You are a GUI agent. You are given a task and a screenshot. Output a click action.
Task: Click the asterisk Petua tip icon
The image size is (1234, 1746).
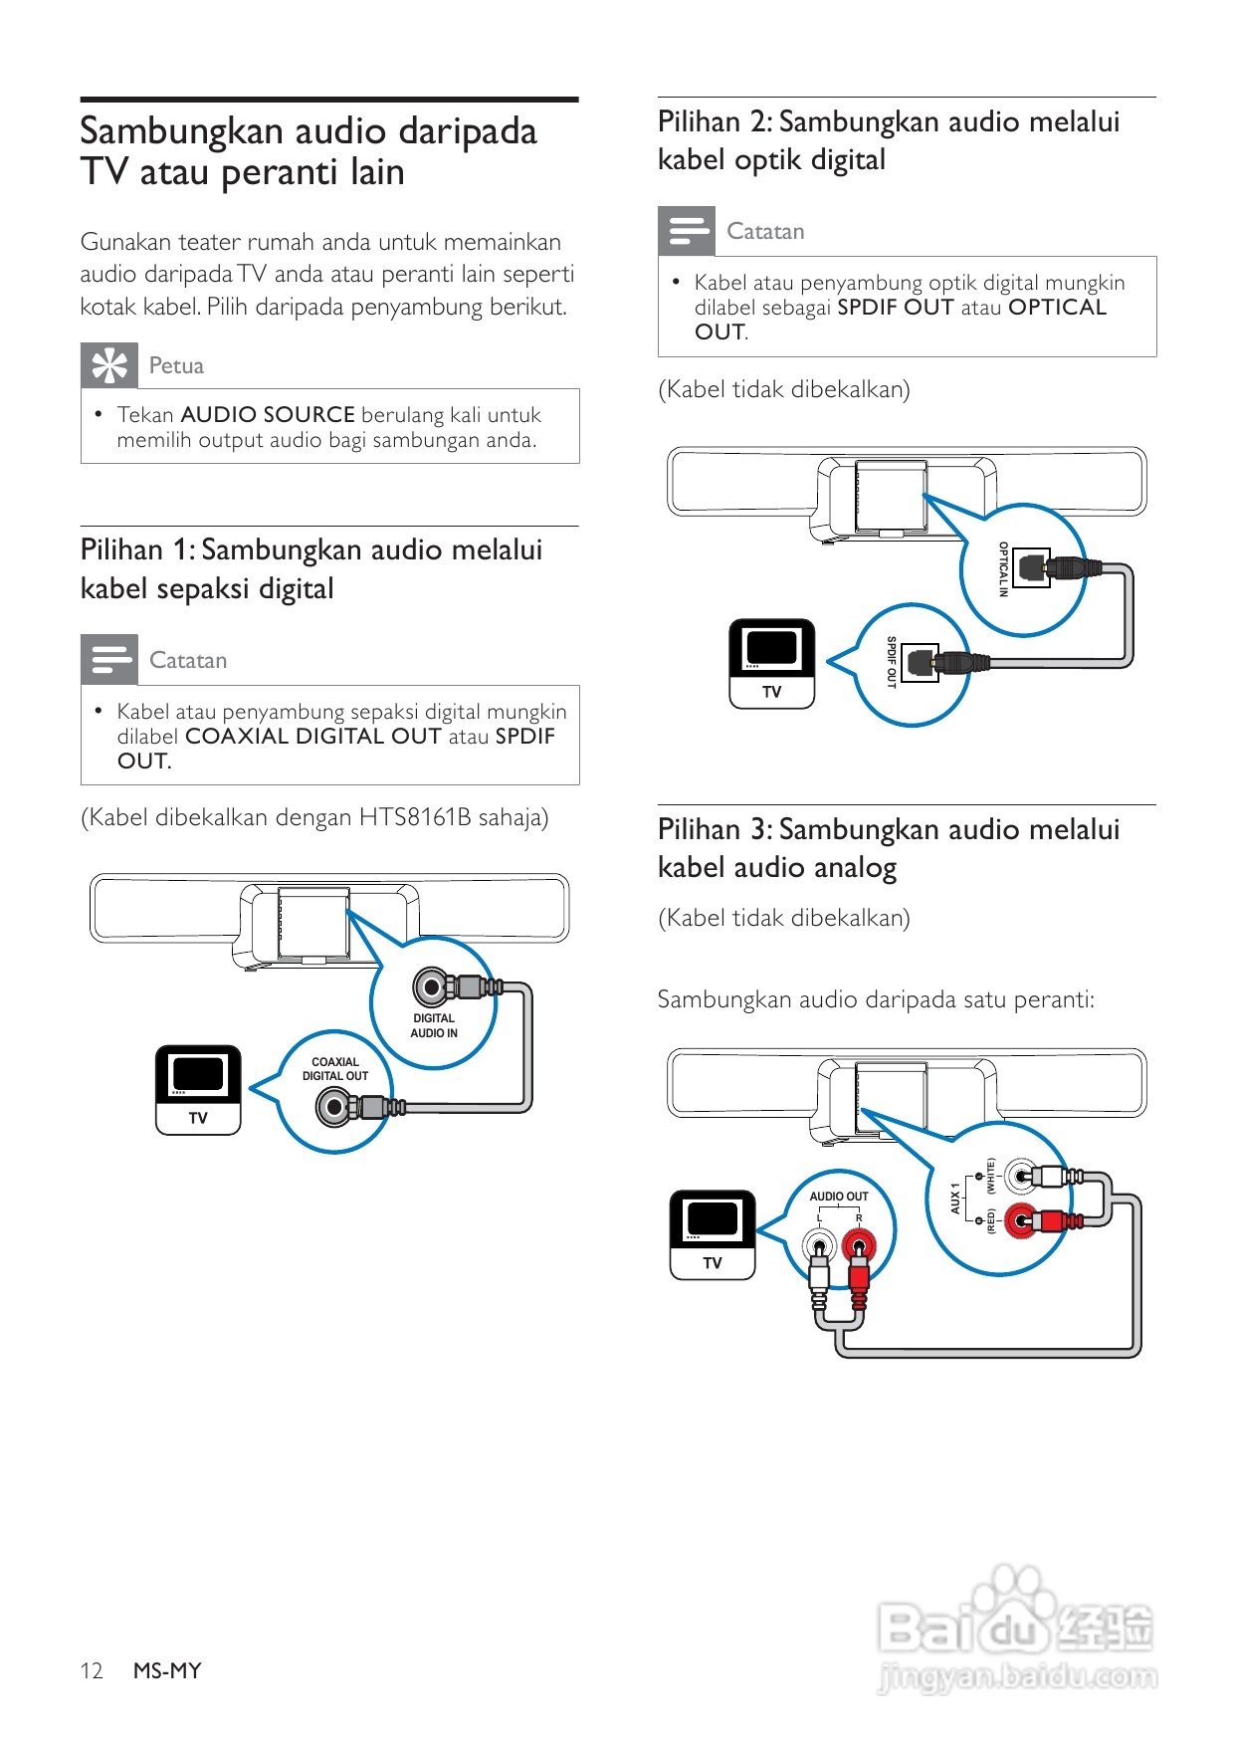point(109,365)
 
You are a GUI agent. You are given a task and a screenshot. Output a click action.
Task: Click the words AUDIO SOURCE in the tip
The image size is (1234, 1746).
point(268,415)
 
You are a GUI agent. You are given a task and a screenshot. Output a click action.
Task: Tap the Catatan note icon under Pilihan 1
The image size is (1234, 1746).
point(109,659)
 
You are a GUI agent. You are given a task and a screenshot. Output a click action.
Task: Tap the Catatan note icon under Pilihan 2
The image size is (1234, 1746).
point(687,230)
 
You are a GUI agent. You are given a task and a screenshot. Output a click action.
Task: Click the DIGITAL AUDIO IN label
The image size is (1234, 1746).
point(434,1025)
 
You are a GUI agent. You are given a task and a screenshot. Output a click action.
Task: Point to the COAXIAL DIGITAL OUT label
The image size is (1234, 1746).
point(335,1069)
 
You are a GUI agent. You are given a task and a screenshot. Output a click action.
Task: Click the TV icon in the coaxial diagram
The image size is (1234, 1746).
point(198,1089)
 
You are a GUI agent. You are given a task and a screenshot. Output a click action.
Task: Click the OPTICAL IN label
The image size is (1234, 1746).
point(1003,569)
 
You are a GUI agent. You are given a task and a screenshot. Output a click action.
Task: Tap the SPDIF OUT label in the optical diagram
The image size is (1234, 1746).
point(892,662)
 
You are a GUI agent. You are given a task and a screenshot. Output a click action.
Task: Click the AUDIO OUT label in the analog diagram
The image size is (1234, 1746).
point(839,1197)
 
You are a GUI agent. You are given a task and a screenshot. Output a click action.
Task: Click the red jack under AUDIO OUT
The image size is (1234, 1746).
point(858,1244)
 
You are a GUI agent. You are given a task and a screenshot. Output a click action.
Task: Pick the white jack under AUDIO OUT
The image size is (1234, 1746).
point(820,1244)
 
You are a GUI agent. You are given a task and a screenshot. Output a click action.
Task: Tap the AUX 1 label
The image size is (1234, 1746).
point(955,1198)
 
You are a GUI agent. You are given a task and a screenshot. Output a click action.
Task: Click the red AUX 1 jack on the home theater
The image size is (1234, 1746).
point(1020,1219)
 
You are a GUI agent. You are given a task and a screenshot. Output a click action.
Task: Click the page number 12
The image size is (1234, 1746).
point(92,1670)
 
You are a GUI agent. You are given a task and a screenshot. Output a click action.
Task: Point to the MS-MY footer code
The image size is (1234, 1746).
point(167,1670)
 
